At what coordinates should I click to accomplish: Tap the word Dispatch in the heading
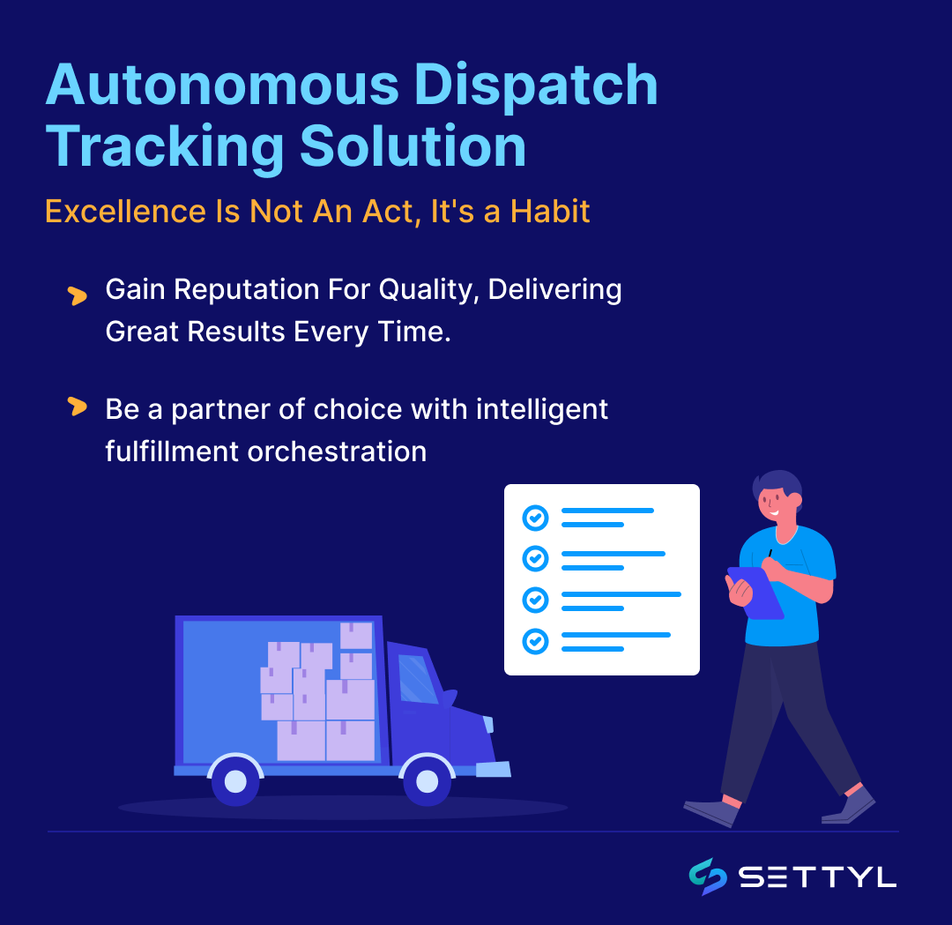click(536, 86)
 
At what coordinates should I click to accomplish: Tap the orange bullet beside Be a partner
click(78, 407)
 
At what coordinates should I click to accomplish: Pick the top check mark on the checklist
click(535, 518)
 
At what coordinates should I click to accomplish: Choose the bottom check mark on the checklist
click(535, 641)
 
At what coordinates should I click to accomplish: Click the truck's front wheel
click(427, 780)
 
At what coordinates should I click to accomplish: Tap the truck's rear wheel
click(235, 780)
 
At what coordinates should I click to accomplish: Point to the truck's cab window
click(417, 679)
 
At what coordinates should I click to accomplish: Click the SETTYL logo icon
click(708, 877)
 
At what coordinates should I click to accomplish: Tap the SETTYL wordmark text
click(817, 877)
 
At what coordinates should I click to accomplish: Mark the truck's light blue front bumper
click(493, 769)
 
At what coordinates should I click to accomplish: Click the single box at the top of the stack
click(356, 635)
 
